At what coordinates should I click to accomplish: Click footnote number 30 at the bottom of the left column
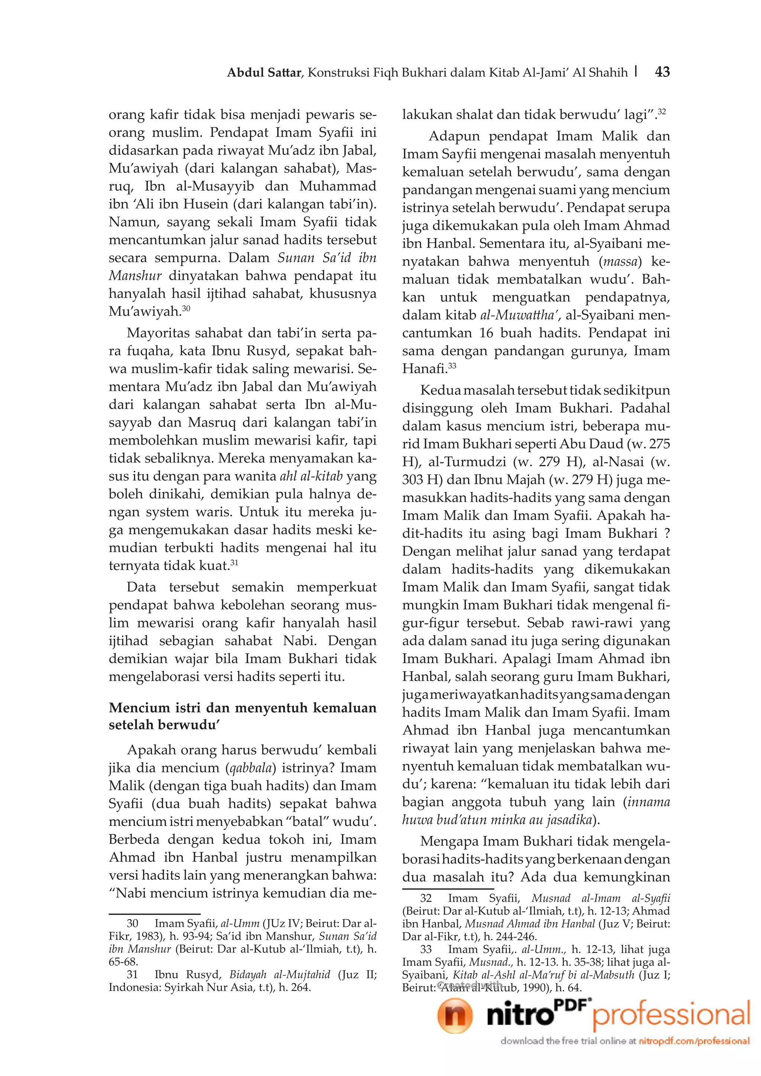pyautogui.click(x=133, y=923)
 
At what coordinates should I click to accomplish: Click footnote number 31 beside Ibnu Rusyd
pyautogui.click(x=133, y=974)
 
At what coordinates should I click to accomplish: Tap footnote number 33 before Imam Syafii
pyautogui.click(x=426, y=949)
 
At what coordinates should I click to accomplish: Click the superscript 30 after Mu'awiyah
pyautogui.click(x=186, y=308)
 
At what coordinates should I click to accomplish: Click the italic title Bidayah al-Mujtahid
pyautogui.click(x=280, y=974)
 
